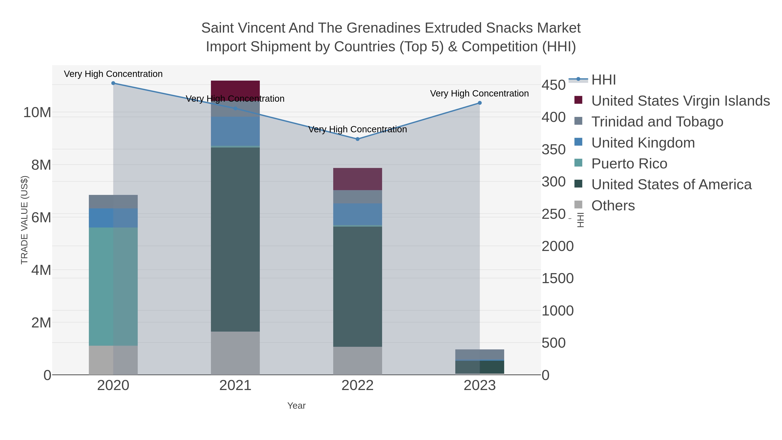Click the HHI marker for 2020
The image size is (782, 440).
pos(113,83)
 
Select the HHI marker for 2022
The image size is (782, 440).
pos(357,139)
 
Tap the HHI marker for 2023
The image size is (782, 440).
pos(480,103)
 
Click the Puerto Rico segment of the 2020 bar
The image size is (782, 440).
pos(113,286)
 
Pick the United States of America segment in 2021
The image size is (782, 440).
pos(235,239)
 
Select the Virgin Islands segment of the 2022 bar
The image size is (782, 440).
pos(357,179)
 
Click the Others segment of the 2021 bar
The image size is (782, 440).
pos(235,353)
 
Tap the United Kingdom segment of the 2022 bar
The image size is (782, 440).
pos(357,214)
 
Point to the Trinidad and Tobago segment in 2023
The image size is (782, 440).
pos(480,354)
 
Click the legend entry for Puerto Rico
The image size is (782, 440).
pos(629,164)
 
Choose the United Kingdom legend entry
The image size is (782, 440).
pos(643,143)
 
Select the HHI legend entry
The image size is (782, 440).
pos(603,80)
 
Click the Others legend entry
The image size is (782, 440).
pos(613,206)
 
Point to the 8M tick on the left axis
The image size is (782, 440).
pos(41,165)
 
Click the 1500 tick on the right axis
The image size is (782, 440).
pos(557,279)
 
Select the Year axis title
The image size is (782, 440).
pos(296,406)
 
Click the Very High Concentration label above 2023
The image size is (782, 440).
pos(479,93)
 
